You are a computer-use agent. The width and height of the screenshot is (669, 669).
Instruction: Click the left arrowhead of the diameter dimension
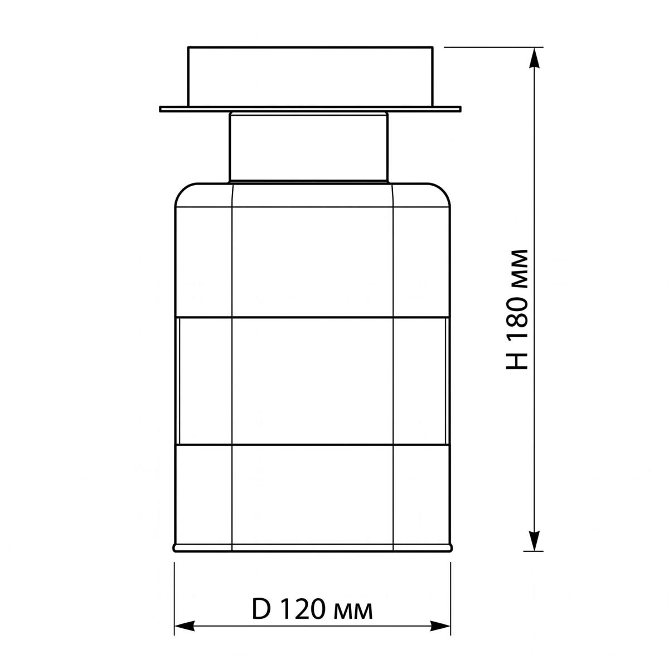point(185,637)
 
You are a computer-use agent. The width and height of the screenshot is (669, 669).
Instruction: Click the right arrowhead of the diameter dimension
point(440,637)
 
